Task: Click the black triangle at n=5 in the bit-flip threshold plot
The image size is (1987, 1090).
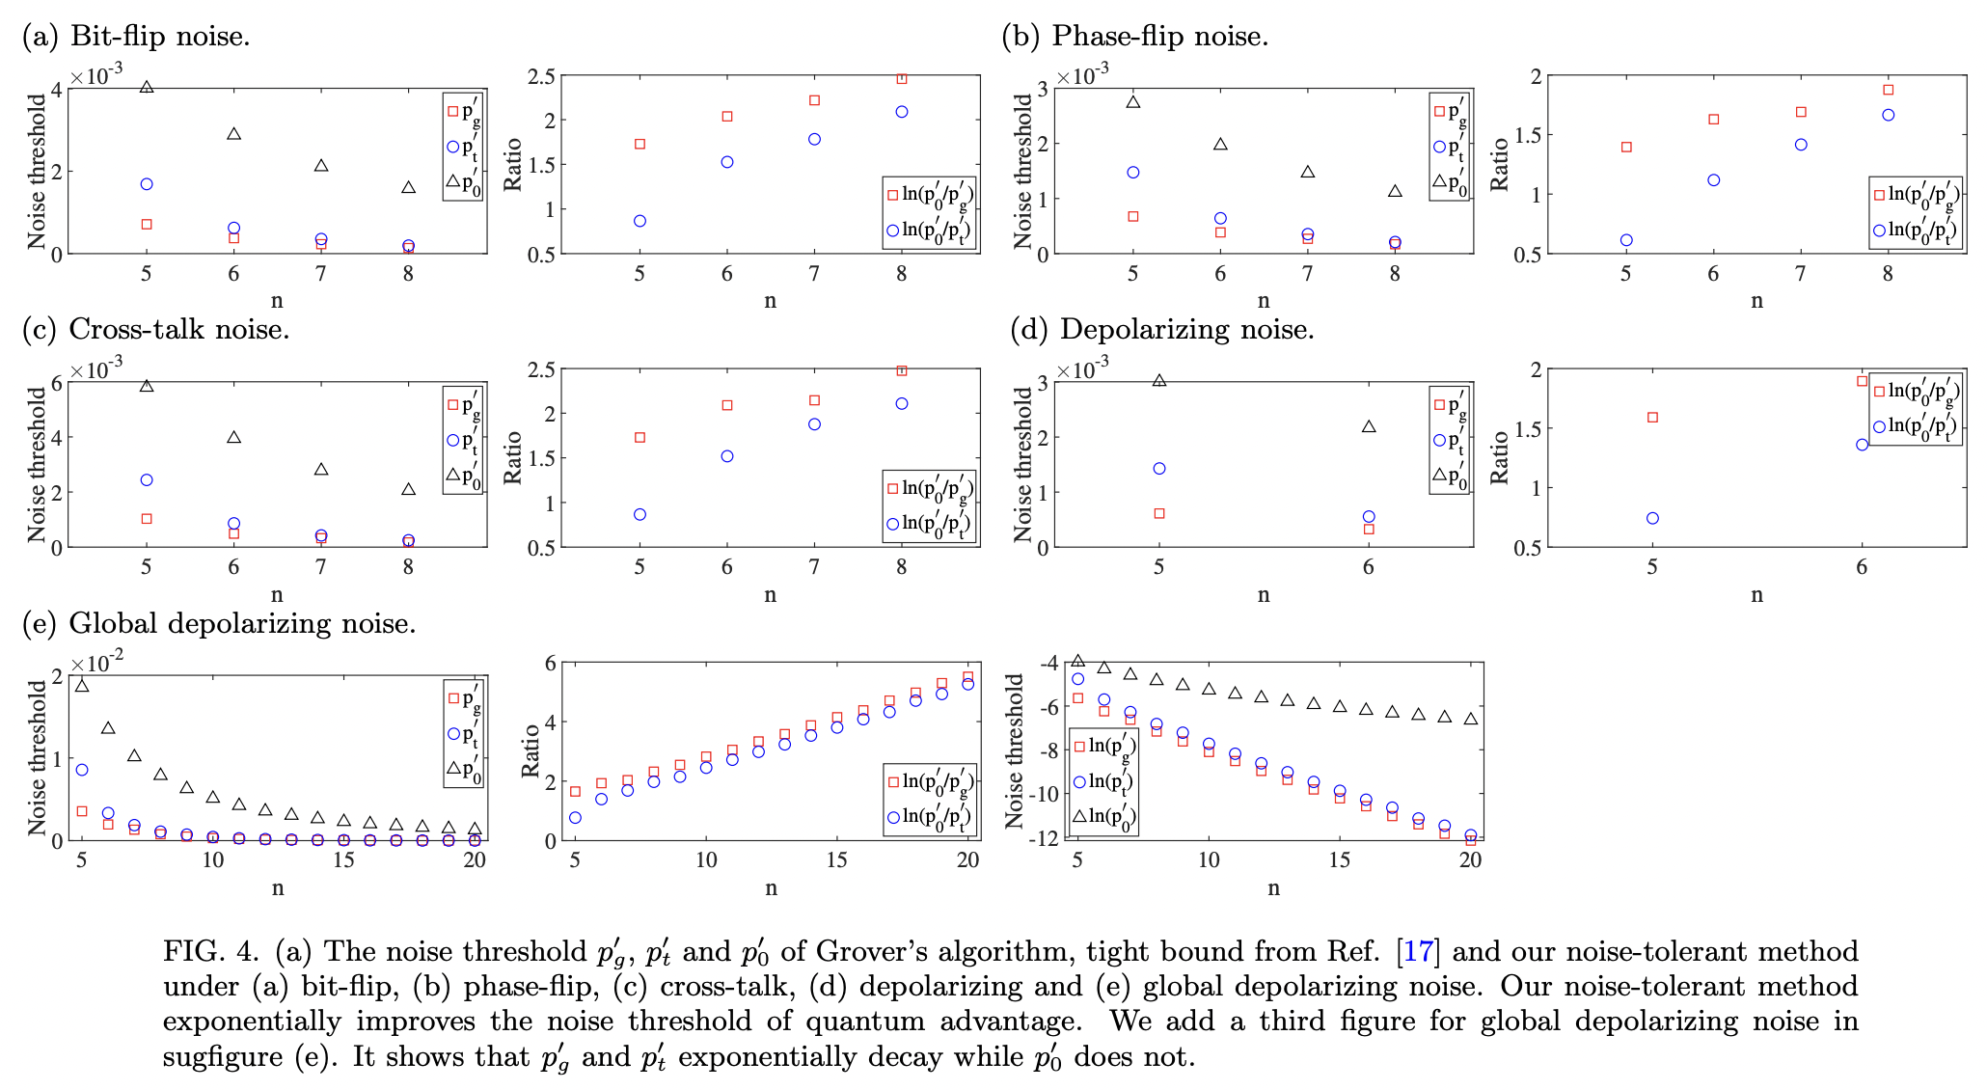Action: [147, 87]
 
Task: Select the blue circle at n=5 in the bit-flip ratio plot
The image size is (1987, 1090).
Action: [640, 221]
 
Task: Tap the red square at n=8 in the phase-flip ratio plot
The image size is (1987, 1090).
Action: [1888, 90]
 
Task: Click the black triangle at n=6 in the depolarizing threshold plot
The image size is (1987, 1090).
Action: [1368, 426]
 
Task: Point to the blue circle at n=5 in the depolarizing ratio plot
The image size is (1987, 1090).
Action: [1652, 518]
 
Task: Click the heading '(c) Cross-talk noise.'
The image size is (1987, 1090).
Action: [156, 330]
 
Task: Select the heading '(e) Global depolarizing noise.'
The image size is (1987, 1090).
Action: [219, 623]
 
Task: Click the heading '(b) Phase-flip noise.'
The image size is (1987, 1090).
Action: [1135, 37]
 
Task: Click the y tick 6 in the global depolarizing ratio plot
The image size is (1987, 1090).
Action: [552, 663]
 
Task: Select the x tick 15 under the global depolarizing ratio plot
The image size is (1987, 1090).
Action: [836, 860]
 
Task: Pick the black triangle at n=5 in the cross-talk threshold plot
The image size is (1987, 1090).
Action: [147, 386]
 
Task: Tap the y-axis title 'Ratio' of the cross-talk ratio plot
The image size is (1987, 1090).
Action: [513, 458]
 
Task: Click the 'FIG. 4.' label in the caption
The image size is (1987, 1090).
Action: [210, 951]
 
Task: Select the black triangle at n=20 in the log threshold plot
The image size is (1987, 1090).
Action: [1470, 719]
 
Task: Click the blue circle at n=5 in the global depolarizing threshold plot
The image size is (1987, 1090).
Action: [82, 770]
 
